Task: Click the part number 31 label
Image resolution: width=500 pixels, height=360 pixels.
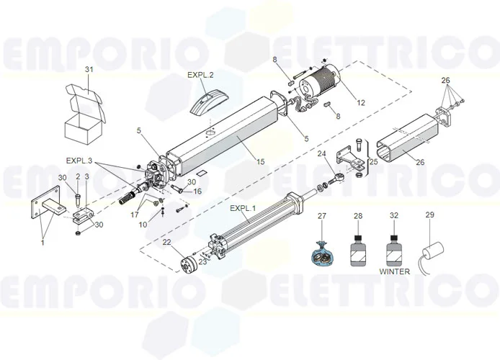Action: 90,69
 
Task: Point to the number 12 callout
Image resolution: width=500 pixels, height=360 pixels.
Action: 360,103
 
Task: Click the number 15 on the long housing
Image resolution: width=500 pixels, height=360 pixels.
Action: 259,162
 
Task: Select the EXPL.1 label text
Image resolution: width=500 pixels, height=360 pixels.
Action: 242,209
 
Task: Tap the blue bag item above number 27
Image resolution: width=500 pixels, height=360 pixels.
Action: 322,253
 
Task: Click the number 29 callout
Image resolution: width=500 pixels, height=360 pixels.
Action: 430,215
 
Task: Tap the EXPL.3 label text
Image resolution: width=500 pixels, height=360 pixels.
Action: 79,160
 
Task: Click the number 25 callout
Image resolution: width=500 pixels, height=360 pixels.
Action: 372,163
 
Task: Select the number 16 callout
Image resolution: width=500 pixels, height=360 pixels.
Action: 197,192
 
